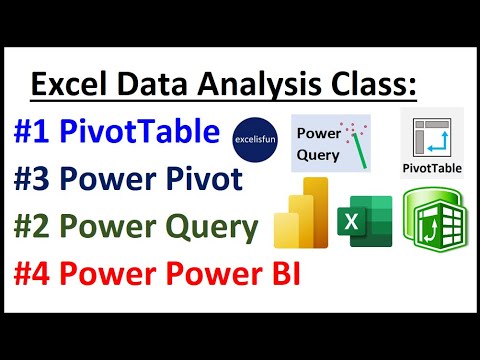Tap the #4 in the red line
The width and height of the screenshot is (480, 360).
[37, 274]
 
